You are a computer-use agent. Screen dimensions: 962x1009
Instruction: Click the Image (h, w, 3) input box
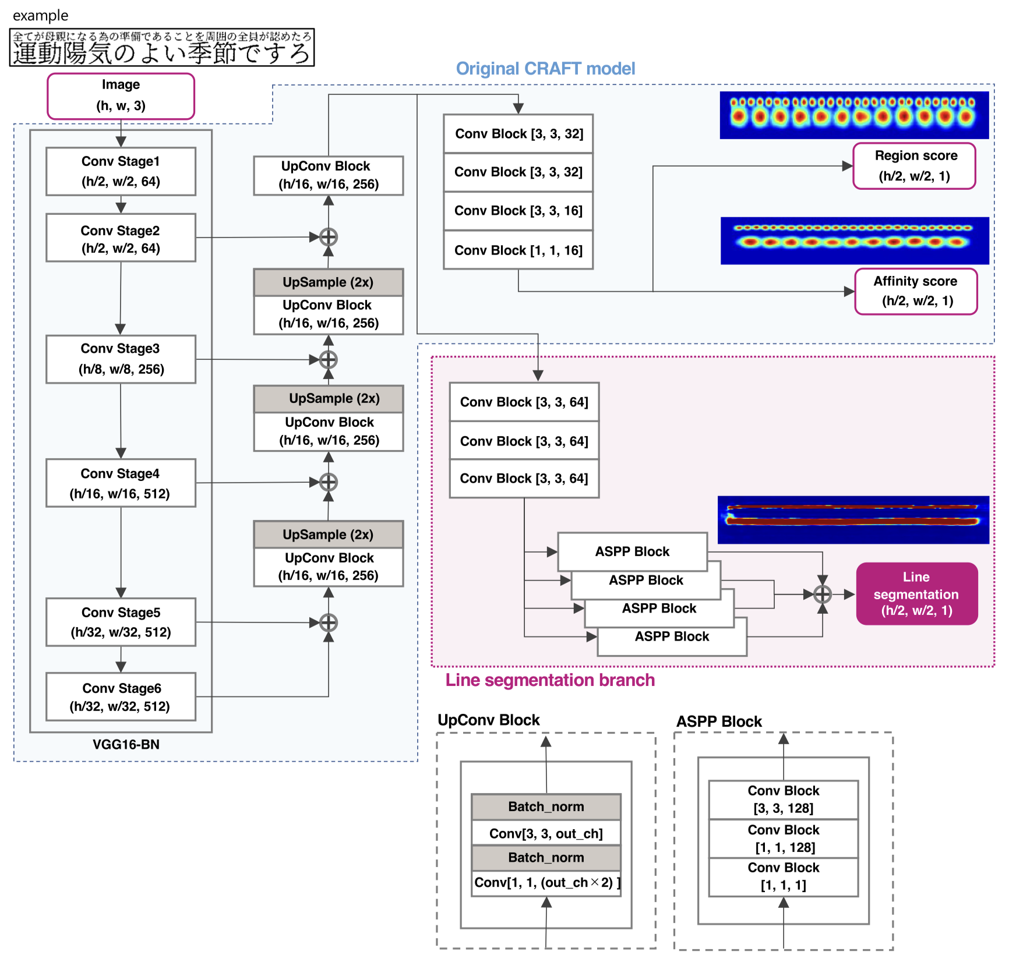[121, 96]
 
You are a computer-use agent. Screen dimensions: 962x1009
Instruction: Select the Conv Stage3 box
[121, 359]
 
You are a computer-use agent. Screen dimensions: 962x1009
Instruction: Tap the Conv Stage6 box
[121, 697]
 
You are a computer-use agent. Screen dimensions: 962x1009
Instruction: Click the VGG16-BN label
[126, 744]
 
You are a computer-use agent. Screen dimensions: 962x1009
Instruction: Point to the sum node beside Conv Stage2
[329, 237]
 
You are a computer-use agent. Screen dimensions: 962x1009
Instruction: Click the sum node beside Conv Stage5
[329, 623]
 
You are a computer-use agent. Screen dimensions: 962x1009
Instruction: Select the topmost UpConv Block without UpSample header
[329, 175]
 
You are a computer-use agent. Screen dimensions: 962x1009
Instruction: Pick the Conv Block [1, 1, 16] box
[518, 250]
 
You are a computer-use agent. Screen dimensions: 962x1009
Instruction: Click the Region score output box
[915, 166]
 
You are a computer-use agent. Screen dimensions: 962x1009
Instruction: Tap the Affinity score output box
[916, 291]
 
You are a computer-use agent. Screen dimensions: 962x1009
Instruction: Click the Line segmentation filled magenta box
[916, 593]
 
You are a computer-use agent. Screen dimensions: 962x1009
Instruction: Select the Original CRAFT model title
[545, 69]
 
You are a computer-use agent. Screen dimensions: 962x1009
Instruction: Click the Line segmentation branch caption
[550, 680]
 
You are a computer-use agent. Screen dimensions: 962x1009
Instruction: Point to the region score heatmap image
[854, 115]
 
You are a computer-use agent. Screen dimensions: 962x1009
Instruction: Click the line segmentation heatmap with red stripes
[853, 519]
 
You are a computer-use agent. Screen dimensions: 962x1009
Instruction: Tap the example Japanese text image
[162, 47]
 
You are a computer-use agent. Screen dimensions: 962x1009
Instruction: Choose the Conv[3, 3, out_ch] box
[546, 833]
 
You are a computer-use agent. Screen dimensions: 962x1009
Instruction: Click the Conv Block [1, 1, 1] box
[783, 877]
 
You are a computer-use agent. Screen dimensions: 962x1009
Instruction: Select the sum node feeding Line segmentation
[822, 594]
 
